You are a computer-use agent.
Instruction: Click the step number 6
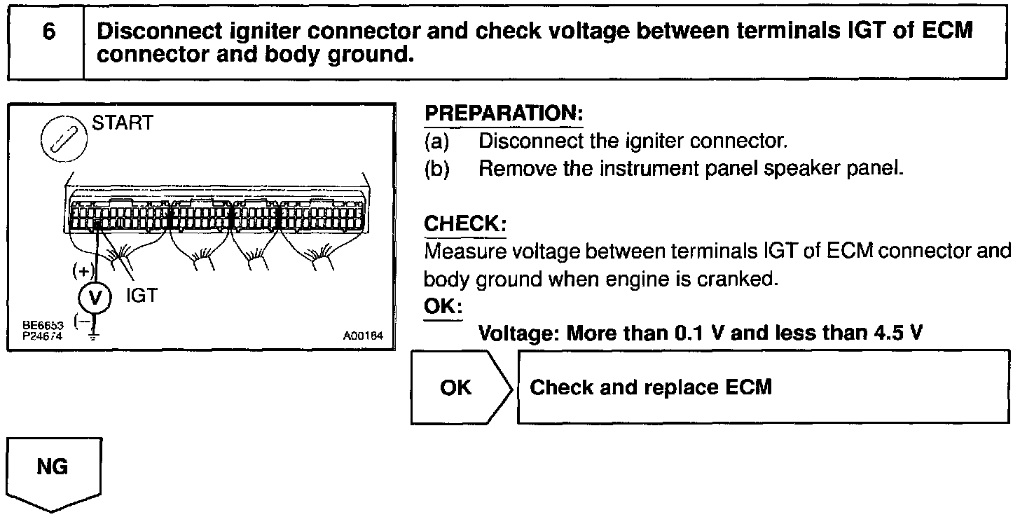[x=48, y=33]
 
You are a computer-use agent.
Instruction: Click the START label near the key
[x=122, y=123]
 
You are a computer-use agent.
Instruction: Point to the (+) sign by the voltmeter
[x=82, y=270]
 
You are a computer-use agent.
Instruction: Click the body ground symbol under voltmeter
[x=93, y=337]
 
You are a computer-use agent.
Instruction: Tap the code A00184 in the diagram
[x=363, y=336]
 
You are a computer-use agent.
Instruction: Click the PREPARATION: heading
[x=504, y=113]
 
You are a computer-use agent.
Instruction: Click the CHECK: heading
[x=465, y=224]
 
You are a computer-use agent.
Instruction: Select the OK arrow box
[x=457, y=387]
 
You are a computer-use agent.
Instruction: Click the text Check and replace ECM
[x=651, y=387]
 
